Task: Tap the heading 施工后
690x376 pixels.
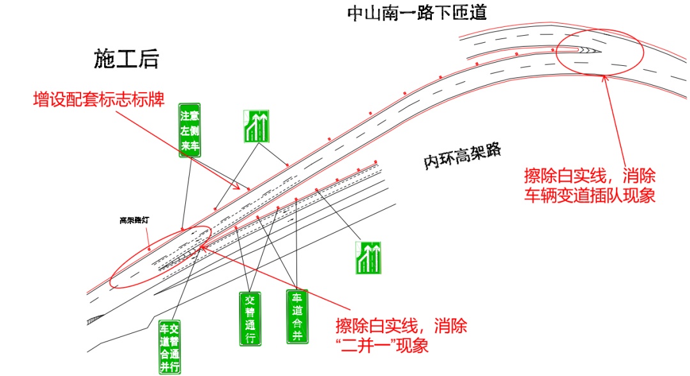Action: (x=126, y=59)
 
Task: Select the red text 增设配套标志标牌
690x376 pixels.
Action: (x=99, y=100)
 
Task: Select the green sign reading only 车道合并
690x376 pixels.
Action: (x=296, y=316)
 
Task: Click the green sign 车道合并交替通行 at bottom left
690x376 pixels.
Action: (x=169, y=347)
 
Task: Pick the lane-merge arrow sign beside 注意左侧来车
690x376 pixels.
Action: (x=255, y=126)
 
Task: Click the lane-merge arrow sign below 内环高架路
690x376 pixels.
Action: (x=367, y=258)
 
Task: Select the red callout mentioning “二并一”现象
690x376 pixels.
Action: (x=401, y=336)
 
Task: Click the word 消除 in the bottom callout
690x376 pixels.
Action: (x=450, y=327)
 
